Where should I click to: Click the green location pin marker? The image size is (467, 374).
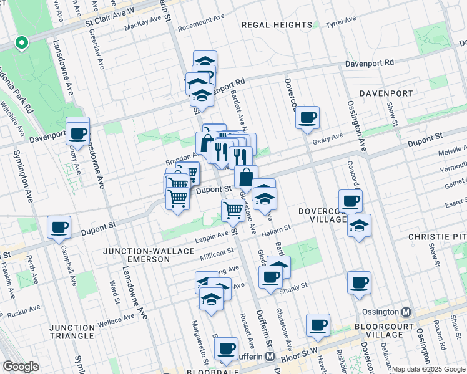tap(22, 43)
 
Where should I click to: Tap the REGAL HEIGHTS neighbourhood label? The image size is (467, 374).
tap(277, 25)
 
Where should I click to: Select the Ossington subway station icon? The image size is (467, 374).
tap(406, 312)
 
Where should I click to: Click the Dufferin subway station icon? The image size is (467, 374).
tap(270, 356)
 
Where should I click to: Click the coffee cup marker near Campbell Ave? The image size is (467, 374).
tap(59, 228)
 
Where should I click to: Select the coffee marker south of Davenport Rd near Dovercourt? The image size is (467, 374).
tap(307, 117)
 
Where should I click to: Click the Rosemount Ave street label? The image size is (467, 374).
tap(201, 28)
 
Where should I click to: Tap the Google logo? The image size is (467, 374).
tap(21, 367)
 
